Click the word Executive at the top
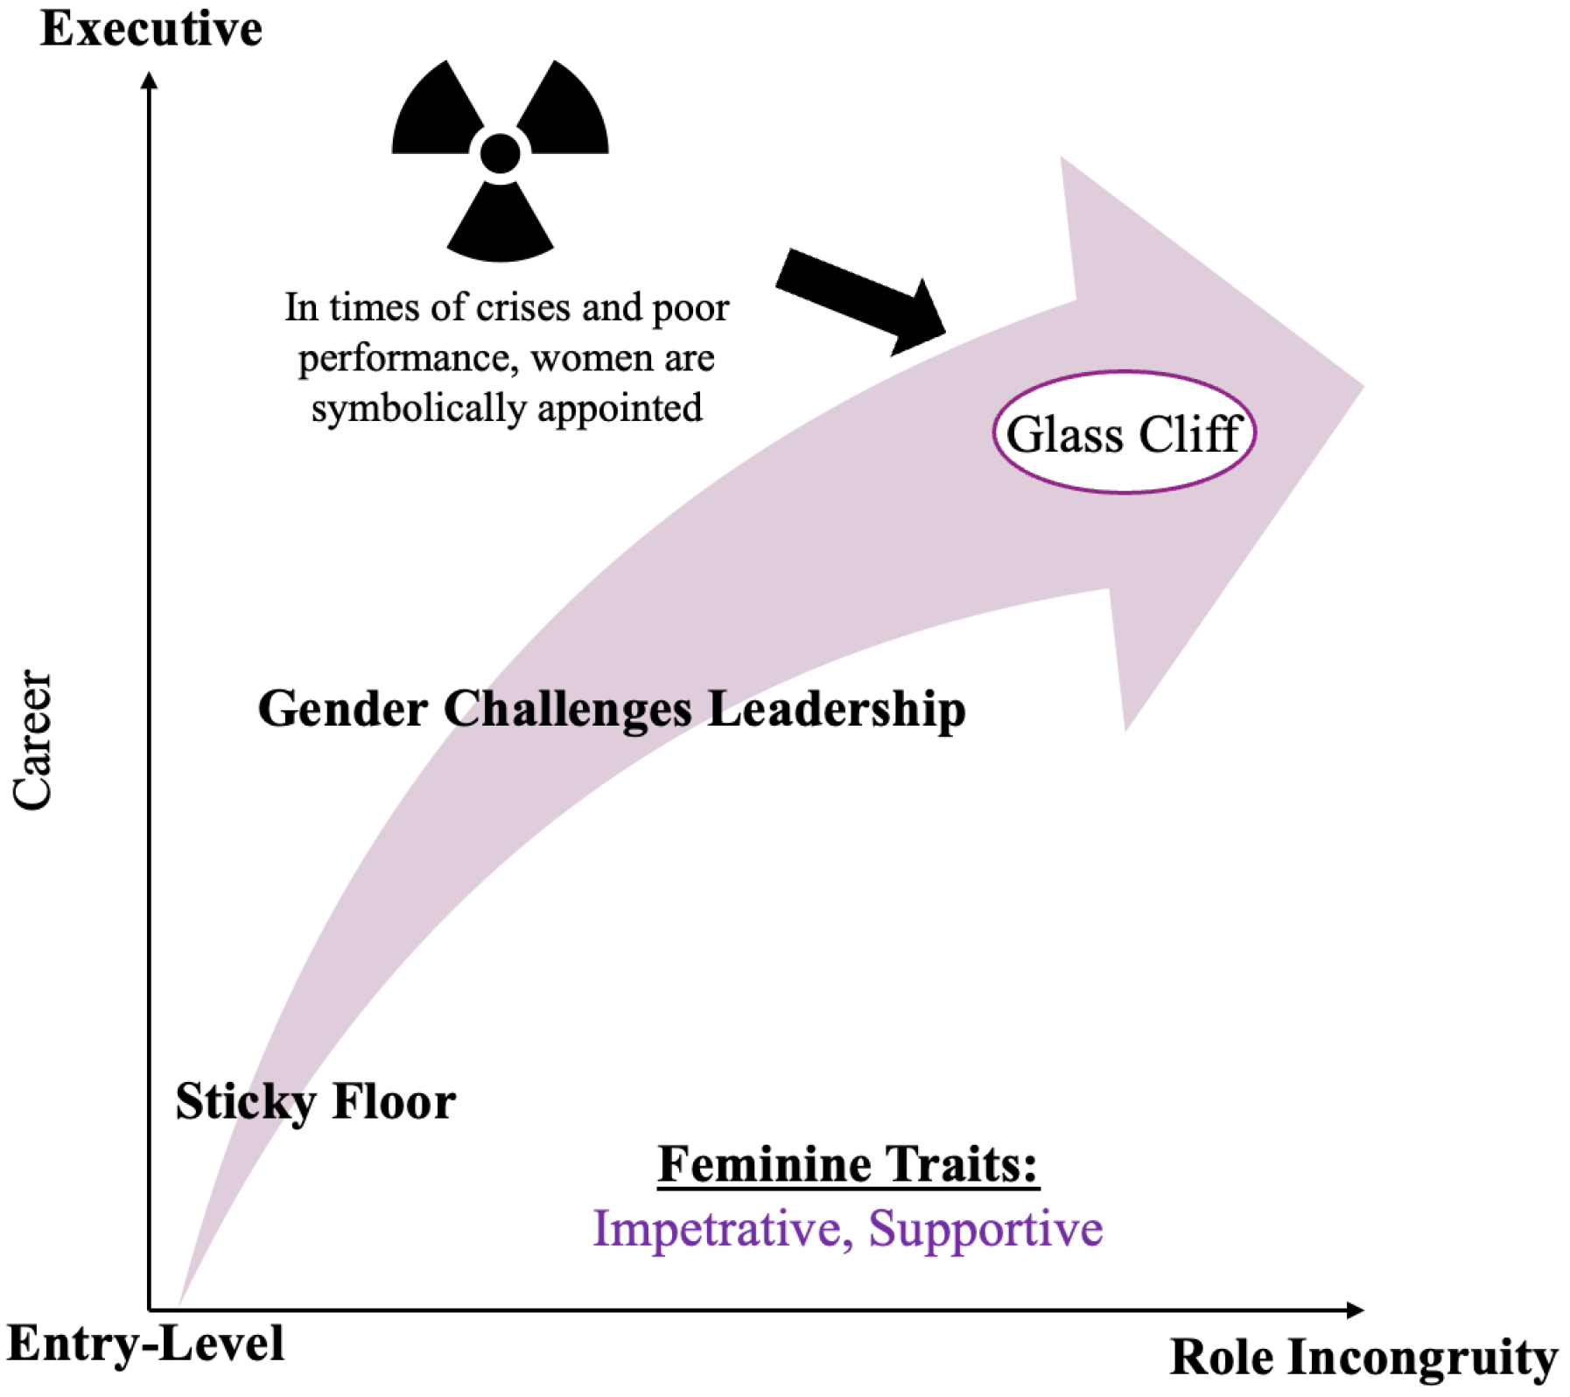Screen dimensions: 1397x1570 (151, 29)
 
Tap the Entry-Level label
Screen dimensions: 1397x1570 (145, 1344)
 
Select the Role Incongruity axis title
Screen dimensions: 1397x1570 (1363, 1358)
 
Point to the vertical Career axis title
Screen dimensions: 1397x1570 (33, 741)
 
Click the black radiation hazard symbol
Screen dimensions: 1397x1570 (500, 159)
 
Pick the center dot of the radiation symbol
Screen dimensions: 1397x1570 (500, 153)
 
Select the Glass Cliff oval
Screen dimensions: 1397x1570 (1124, 432)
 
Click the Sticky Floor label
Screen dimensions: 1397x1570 (315, 1102)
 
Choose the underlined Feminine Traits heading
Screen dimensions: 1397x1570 (848, 1165)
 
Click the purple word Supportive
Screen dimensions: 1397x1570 (985, 1229)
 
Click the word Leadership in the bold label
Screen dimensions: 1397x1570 (837, 708)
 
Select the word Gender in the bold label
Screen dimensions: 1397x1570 (342, 708)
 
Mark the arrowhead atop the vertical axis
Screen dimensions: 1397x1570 (150, 81)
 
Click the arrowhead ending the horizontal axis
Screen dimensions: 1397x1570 (1355, 1309)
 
